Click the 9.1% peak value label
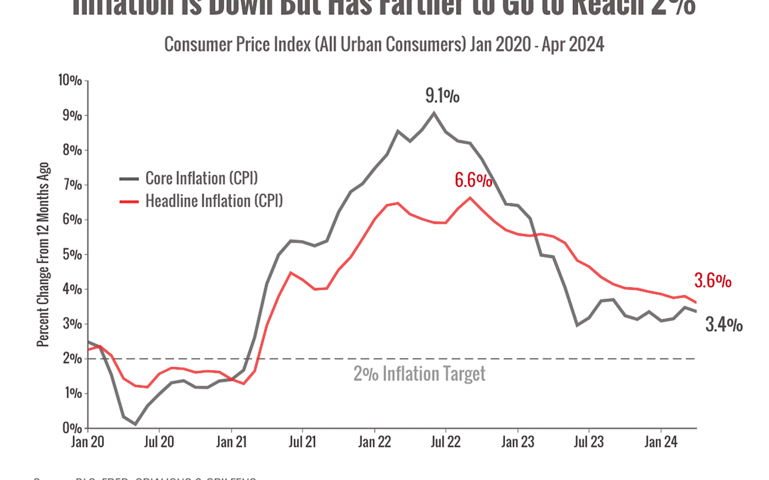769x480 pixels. coord(443,97)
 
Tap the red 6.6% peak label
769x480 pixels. coord(473,180)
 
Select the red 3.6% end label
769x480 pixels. coord(712,282)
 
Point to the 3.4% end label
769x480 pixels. coord(724,325)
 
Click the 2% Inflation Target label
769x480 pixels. coord(420,375)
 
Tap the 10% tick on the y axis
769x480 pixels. coord(70,81)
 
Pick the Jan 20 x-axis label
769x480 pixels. coord(88,442)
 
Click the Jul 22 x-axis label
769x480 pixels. coord(445,442)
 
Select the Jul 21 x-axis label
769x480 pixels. coord(302,442)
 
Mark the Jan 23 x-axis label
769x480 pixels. coord(517,442)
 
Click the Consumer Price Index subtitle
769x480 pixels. coord(384,44)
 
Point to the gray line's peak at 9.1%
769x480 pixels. coord(434,112)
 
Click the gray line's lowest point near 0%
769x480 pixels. coord(135,425)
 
